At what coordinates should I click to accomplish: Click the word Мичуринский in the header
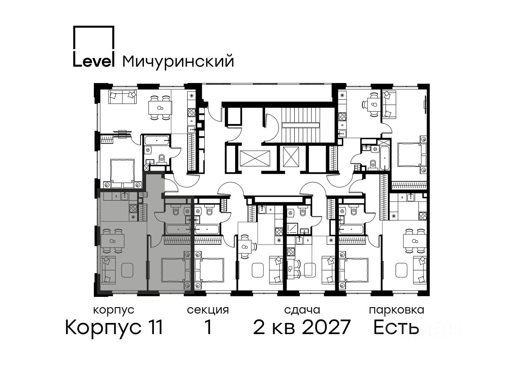(178, 61)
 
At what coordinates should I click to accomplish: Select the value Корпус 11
(114, 327)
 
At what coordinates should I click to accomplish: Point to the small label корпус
(114, 311)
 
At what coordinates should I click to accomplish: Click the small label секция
(208, 310)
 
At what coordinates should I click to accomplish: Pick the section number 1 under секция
(208, 327)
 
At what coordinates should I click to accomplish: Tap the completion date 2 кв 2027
(302, 327)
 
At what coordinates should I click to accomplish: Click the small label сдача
(302, 310)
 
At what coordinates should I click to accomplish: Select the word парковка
(397, 310)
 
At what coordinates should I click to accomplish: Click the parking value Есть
(396, 327)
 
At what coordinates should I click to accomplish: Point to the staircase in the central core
(301, 125)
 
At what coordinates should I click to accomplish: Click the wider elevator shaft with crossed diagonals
(255, 158)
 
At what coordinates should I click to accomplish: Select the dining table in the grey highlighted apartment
(112, 241)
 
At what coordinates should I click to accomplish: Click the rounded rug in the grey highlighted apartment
(127, 269)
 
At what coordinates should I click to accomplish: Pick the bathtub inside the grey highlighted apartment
(178, 229)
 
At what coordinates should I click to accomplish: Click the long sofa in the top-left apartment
(123, 97)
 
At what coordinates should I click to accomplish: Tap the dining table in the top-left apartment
(160, 108)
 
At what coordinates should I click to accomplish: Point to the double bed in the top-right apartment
(412, 155)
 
